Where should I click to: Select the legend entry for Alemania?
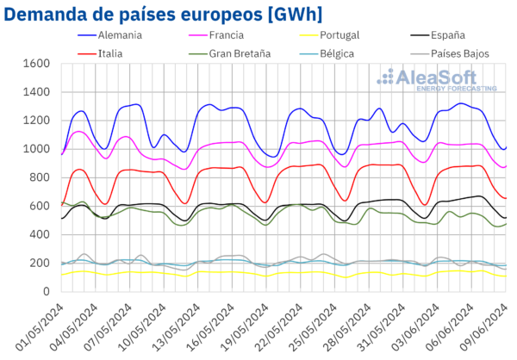(120, 36)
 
